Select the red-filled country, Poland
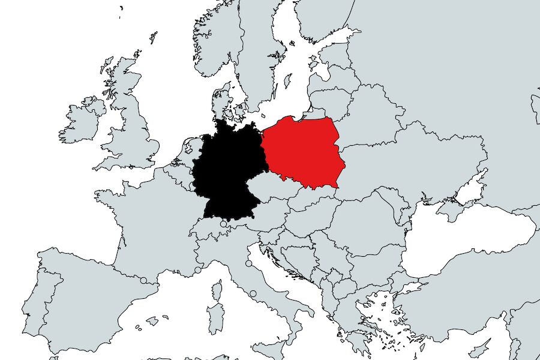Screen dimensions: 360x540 point(303,153)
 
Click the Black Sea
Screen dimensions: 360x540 point(468,240)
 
